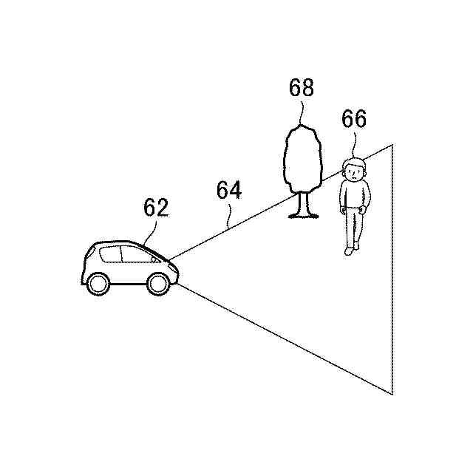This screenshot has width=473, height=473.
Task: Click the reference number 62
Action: [x=155, y=208]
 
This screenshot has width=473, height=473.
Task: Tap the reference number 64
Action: [x=229, y=190]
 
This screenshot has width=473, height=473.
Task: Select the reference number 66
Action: [x=355, y=119]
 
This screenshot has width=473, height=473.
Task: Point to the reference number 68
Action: [x=302, y=89]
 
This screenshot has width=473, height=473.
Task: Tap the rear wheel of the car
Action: [x=98, y=282]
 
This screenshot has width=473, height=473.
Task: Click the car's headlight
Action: [x=172, y=265]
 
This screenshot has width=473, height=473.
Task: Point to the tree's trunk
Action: [x=299, y=205]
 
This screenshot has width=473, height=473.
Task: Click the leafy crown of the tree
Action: [x=302, y=158]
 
